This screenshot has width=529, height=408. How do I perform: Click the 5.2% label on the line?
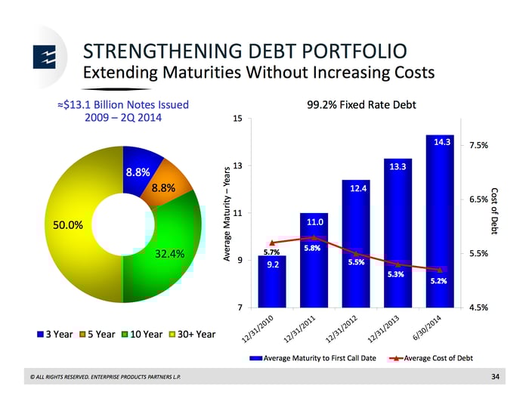pos(438,281)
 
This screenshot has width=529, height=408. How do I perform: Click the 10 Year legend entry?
pos(140,334)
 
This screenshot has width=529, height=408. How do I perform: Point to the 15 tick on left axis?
pos(238,119)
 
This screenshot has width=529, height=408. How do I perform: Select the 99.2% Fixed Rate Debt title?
pos(362,105)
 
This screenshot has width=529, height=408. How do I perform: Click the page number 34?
pos(495,376)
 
